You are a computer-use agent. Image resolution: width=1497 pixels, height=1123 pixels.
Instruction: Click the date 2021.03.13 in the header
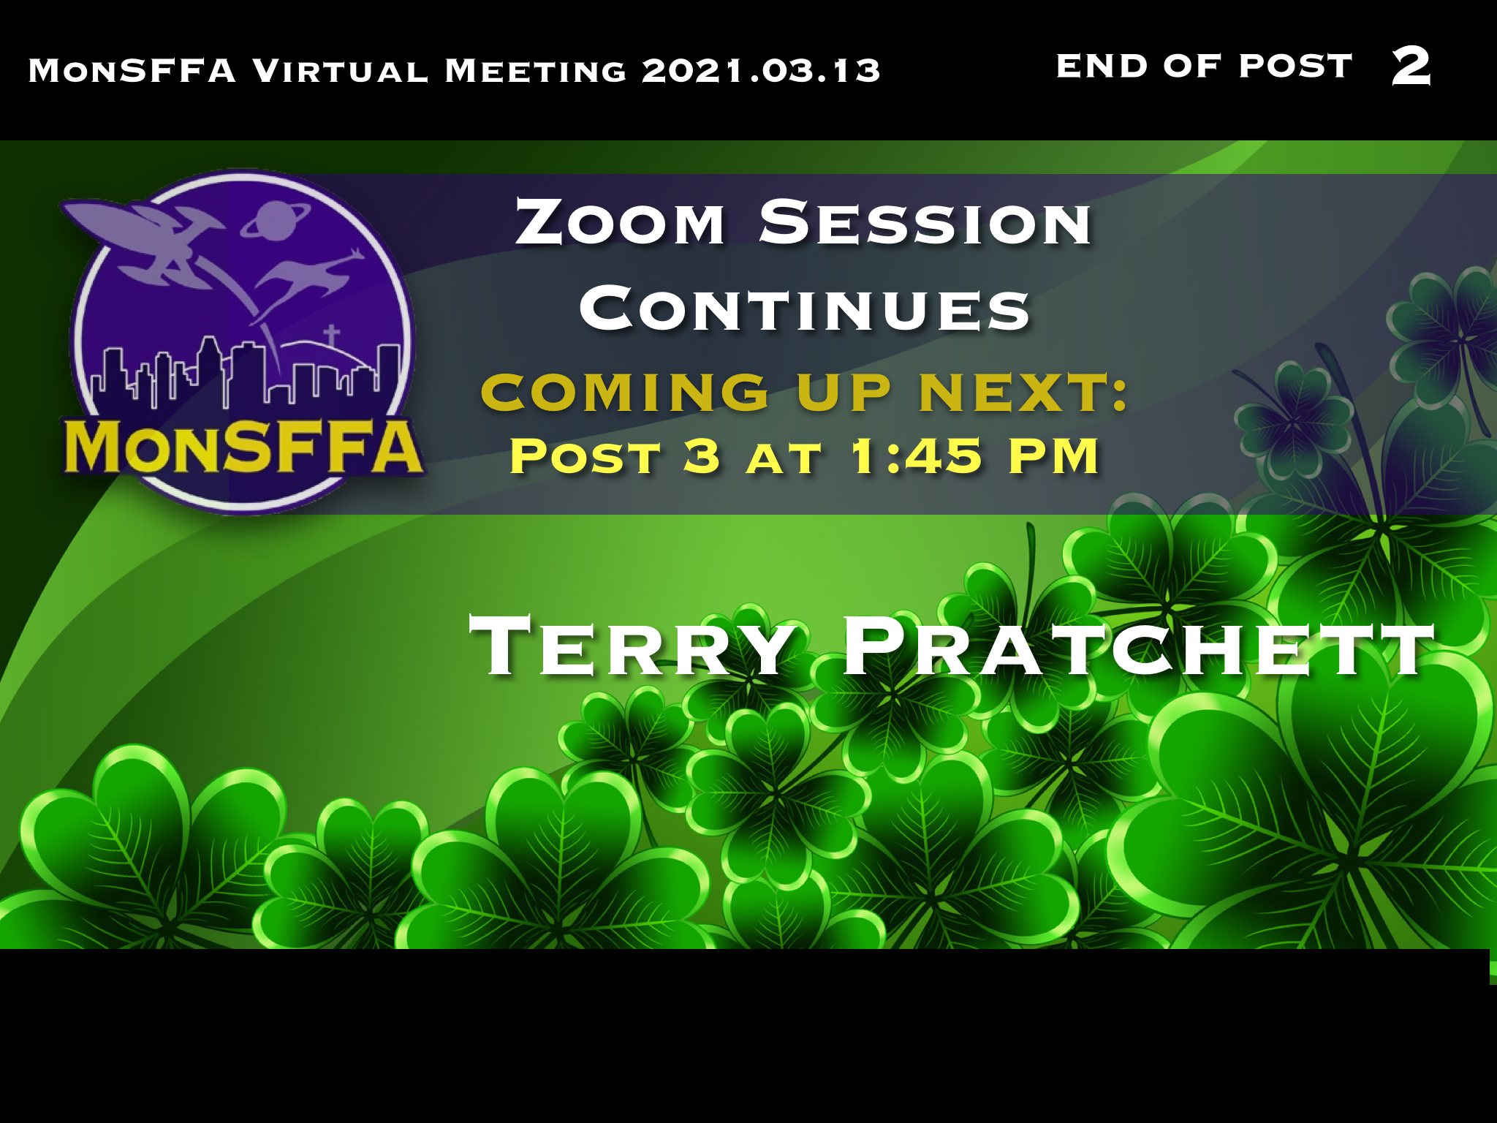[x=761, y=70]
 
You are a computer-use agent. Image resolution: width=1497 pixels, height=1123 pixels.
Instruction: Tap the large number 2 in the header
[x=1411, y=66]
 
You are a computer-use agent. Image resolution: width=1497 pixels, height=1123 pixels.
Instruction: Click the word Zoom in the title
[x=621, y=222]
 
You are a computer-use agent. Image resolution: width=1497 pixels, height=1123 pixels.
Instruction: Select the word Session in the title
[x=925, y=222]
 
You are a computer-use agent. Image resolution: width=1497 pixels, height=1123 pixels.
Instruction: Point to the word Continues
[x=805, y=308]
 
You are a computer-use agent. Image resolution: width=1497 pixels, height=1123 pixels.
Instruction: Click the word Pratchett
[x=1138, y=646]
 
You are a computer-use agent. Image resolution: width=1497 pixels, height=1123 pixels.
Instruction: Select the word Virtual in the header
[x=340, y=70]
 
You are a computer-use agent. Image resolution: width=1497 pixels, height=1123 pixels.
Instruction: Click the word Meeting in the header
[x=536, y=70]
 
